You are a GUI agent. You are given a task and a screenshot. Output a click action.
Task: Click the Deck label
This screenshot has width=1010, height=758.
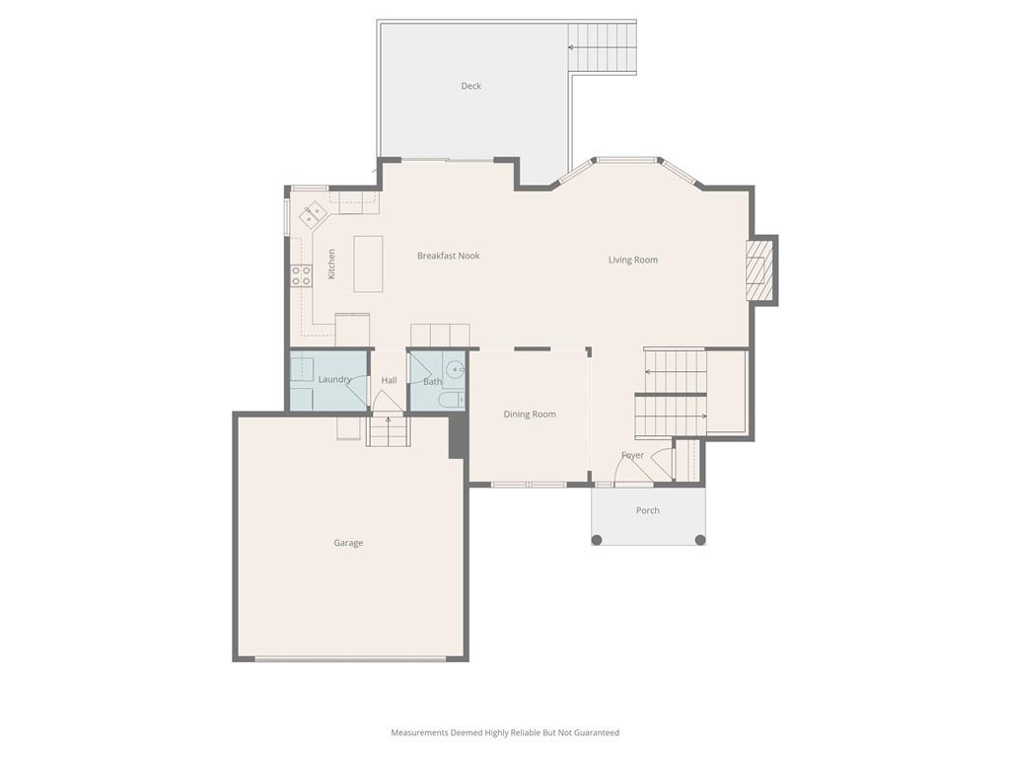click(470, 86)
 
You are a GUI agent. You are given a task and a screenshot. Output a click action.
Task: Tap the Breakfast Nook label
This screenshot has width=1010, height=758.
click(449, 256)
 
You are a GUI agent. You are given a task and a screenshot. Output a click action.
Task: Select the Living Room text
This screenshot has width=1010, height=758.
click(633, 260)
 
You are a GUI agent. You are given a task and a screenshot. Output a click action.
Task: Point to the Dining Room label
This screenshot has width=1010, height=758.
click(530, 415)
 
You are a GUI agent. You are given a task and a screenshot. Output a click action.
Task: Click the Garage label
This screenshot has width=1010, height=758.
click(348, 544)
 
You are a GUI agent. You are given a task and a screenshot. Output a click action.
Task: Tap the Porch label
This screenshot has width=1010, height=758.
click(647, 510)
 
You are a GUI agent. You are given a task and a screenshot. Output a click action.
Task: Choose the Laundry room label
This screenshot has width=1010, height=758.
click(335, 380)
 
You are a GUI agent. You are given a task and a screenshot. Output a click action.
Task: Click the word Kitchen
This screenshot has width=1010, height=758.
click(331, 265)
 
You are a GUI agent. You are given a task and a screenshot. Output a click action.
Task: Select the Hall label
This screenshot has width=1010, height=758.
click(389, 380)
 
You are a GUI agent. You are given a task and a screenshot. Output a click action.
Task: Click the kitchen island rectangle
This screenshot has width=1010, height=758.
click(368, 265)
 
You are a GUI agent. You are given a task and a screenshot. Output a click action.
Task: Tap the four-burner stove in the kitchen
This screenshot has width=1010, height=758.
click(301, 276)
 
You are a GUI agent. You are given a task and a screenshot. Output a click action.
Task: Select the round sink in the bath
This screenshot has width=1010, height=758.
click(457, 371)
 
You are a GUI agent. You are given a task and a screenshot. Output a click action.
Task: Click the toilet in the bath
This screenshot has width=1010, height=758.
click(451, 400)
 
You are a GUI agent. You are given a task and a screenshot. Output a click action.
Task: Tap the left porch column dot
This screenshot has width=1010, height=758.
click(597, 540)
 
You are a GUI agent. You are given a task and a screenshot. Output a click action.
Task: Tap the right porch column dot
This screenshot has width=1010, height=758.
click(700, 540)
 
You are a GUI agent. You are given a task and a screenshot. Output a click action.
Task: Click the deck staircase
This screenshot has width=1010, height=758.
click(602, 47)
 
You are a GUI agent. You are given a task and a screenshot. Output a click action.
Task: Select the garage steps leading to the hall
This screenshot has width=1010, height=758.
click(388, 430)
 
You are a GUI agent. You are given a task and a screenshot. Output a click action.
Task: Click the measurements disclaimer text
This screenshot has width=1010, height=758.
click(505, 732)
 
